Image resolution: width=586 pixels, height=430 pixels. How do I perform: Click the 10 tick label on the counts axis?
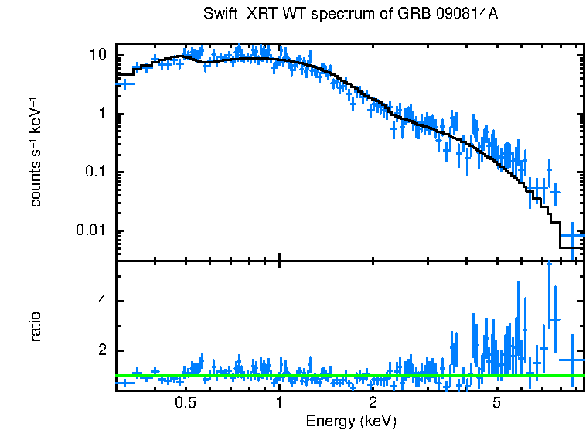(x=97, y=56)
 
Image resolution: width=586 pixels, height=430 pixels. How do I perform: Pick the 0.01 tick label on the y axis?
(x=91, y=230)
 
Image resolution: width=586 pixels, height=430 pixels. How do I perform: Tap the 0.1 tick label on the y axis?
(x=95, y=172)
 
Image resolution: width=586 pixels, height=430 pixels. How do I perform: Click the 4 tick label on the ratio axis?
(x=101, y=301)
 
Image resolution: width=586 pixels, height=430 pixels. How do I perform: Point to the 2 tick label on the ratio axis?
(x=101, y=350)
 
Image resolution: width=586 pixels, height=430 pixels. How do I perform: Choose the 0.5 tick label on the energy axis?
(x=185, y=403)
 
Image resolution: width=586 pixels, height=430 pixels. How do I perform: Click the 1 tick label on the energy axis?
(x=278, y=403)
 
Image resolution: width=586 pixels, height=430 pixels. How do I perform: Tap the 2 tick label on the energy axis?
(x=372, y=403)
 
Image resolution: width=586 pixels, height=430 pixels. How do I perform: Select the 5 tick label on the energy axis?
(x=496, y=403)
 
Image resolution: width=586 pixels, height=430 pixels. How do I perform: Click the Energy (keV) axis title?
(x=351, y=421)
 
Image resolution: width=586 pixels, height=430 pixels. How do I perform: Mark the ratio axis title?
(x=36, y=326)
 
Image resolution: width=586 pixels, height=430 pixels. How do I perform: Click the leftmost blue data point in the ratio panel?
(x=124, y=383)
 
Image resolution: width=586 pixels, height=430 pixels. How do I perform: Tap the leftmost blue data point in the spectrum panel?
(x=124, y=83)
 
